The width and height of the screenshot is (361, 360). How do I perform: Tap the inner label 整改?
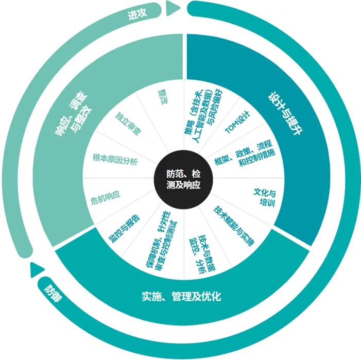164,96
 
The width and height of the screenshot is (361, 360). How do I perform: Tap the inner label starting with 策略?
200,114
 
